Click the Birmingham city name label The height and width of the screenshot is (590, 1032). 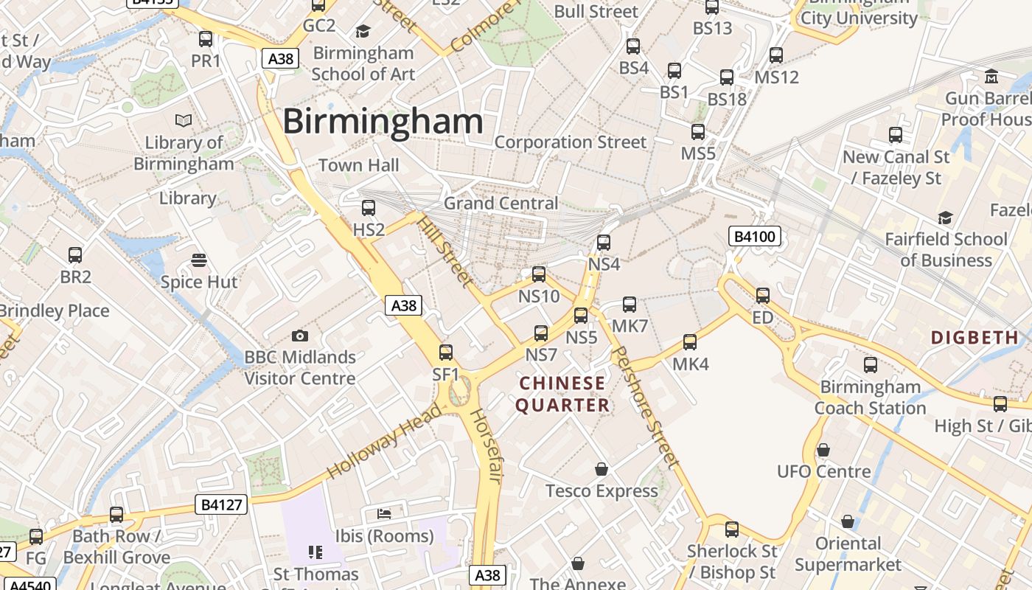tap(383, 121)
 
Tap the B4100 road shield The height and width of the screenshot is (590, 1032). tap(754, 237)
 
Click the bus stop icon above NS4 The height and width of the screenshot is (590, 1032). tap(604, 242)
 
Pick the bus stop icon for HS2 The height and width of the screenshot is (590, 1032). tap(369, 208)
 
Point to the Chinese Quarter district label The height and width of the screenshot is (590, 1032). tap(562, 394)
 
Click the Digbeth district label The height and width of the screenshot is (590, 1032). tap(975, 338)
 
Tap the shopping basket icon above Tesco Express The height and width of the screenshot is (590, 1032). tap(602, 469)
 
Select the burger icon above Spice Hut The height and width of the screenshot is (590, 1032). tap(199, 260)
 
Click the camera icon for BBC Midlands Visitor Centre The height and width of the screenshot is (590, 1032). tap(299, 336)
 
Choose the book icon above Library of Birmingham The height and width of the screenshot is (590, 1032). tap(184, 119)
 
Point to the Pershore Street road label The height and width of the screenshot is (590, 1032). tap(644, 407)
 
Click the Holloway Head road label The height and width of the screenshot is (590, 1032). tap(384, 440)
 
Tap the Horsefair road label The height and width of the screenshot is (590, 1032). tap(486, 446)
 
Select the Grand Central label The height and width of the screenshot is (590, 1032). tap(501, 204)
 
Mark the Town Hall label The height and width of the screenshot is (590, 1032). tap(359, 165)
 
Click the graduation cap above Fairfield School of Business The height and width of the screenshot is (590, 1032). tap(945, 217)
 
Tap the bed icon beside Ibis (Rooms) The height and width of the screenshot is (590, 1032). tap(384, 513)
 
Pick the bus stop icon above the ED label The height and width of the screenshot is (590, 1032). tap(763, 296)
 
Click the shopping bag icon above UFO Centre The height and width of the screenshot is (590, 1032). tap(823, 449)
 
